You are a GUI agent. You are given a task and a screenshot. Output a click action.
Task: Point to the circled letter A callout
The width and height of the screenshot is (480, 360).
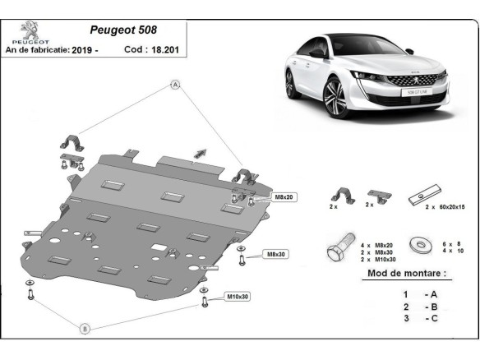pyautogui.click(x=175, y=85)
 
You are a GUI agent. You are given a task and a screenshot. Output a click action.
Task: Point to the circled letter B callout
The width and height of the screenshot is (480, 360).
pyautogui.click(x=84, y=329)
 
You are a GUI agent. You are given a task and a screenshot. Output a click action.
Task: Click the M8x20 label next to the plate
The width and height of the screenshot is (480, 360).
pyautogui.click(x=261, y=198)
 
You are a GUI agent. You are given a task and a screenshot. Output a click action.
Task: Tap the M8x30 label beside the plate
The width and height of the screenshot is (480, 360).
pyautogui.click(x=275, y=255)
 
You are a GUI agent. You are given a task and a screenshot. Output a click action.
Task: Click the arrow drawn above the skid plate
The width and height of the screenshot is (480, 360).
pyautogui.click(x=200, y=151)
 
